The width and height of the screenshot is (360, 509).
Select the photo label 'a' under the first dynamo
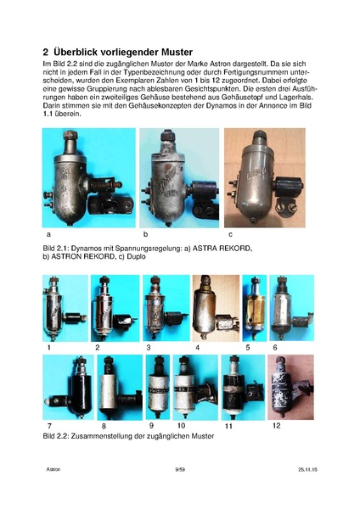click(48, 234)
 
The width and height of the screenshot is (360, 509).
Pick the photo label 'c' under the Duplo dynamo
click(230, 234)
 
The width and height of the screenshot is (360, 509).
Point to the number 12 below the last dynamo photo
click(276, 425)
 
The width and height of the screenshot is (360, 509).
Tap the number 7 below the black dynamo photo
click(49, 426)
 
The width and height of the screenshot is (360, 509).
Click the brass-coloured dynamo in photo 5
click(255, 310)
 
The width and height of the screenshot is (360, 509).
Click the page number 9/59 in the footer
click(180, 469)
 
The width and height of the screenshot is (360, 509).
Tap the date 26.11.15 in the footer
click(307, 469)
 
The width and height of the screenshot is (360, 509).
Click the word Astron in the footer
click(53, 469)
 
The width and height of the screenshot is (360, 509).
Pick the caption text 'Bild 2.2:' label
click(56, 436)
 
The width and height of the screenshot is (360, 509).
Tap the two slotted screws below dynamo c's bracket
click(286, 207)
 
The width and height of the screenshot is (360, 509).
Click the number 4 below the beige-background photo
click(197, 347)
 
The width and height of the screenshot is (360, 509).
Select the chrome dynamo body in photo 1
click(53, 311)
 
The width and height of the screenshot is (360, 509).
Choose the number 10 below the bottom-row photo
click(182, 425)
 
